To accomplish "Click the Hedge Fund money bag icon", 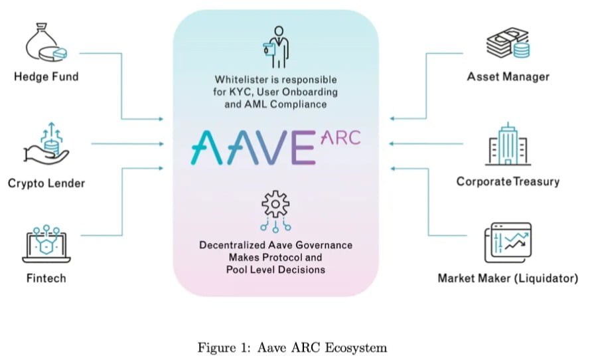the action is (x=46, y=42).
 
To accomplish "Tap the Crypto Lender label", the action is (x=46, y=183).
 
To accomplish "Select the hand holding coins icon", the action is (x=46, y=144).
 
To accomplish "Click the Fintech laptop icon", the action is (x=46, y=244).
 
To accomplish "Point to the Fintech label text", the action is (x=46, y=278).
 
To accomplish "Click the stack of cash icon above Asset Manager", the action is (x=508, y=43).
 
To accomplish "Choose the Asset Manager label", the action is (x=508, y=77).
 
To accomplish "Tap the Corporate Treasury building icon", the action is (x=508, y=144).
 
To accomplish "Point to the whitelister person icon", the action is (x=276, y=47).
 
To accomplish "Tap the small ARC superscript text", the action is (x=340, y=137).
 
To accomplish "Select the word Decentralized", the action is (x=232, y=245).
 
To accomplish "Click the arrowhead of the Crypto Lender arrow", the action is (x=161, y=144).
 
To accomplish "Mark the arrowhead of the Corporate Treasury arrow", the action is (x=391, y=144).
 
